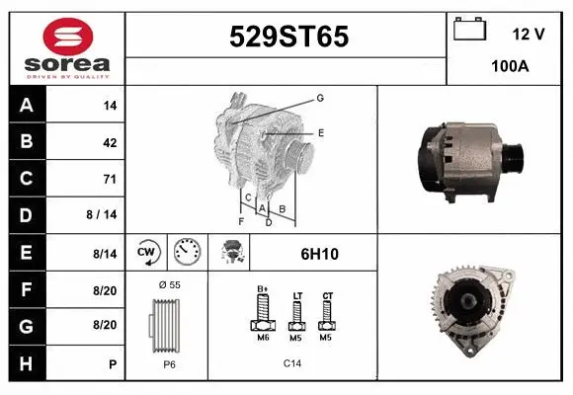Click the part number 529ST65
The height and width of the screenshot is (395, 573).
(x=288, y=38)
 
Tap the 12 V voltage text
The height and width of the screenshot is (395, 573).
(x=529, y=34)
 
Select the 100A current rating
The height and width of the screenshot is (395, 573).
(x=509, y=67)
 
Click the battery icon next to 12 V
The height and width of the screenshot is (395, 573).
(x=470, y=30)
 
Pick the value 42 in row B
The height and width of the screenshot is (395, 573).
(x=109, y=142)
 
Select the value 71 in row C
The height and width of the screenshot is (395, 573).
(x=109, y=179)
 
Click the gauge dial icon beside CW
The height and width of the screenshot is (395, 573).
(x=186, y=253)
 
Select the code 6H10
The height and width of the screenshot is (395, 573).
(x=319, y=254)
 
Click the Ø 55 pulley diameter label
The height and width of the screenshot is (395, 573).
(x=168, y=284)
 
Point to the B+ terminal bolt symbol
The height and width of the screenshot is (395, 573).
(x=263, y=314)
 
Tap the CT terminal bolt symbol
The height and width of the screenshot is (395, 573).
(x=327, y=314)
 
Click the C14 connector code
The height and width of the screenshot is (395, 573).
(x=292, y=363)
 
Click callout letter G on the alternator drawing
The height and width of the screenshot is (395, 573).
(x=320, y=98)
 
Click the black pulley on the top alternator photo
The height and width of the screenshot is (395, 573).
(x=513, y=157)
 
